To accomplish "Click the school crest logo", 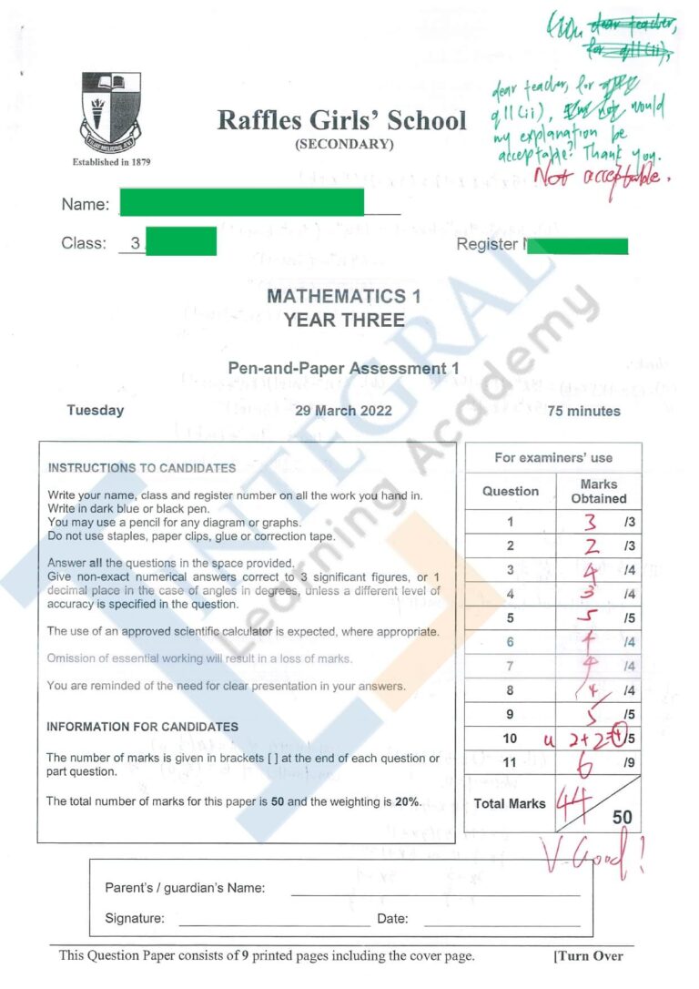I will (x=111, y=113).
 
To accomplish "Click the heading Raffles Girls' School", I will (x=341, y=121).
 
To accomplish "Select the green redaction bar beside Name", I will (x=242, y=201).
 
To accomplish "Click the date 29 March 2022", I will (x=343, y=411).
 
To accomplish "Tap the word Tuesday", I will (x=95, y=411).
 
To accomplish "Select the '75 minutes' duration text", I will (x=583, y=411).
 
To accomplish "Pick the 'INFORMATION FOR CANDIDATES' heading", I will (x=142, y=727).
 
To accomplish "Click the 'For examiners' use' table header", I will (x=552, y=458).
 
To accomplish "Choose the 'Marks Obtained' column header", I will (x=598, y=492).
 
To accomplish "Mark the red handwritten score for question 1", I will (x=590, y=523).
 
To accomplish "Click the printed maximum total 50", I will (x=622, y=818).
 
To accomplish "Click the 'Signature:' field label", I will (x=135, y=918).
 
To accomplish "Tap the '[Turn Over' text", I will (x=588, y=956).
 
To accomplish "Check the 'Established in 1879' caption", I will (x=111, y=162).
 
